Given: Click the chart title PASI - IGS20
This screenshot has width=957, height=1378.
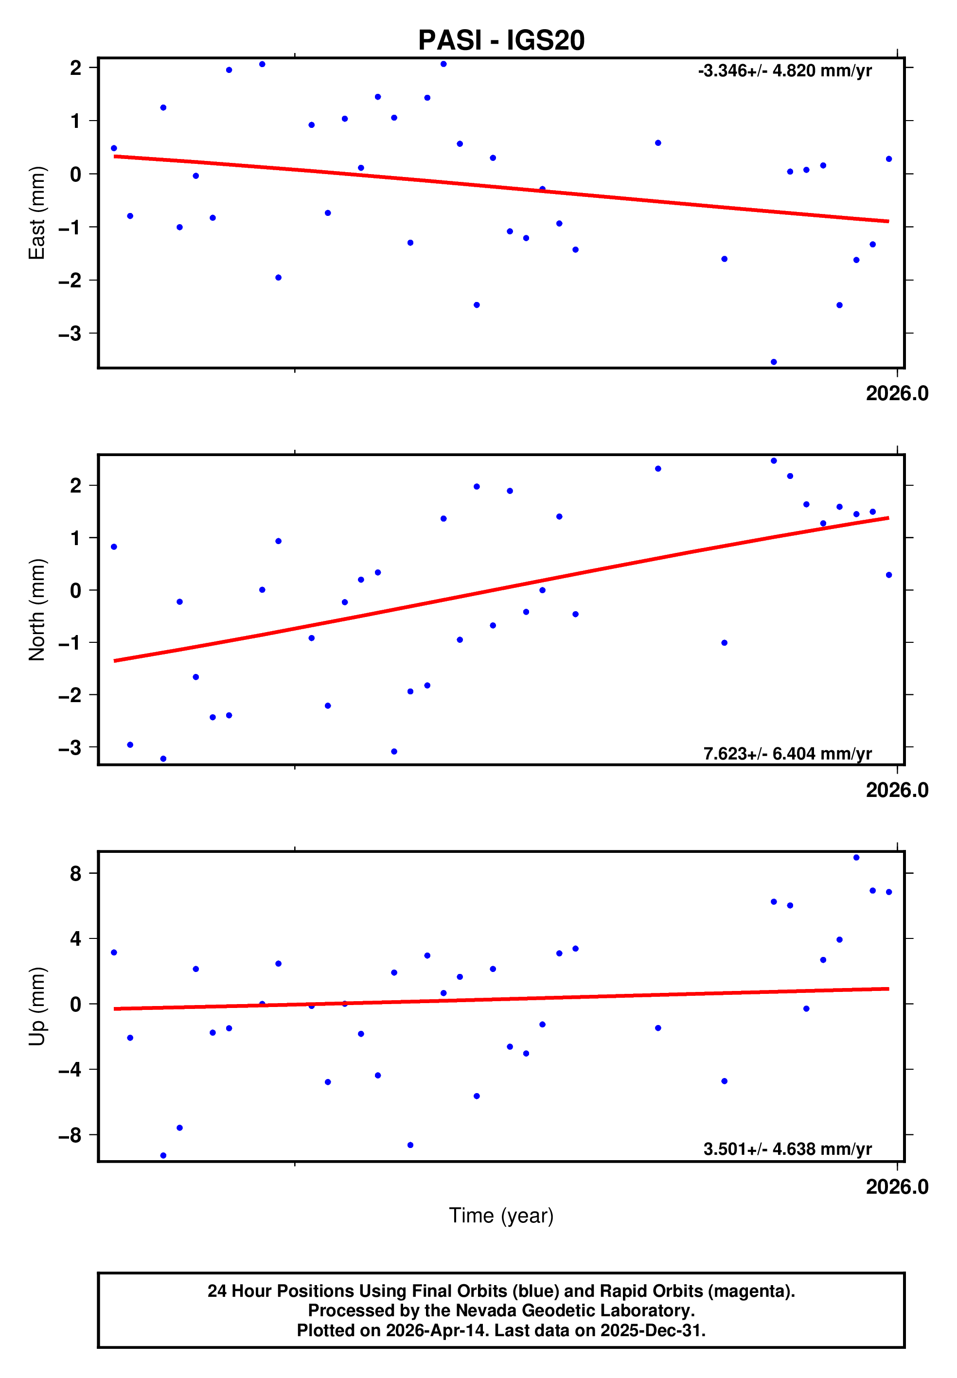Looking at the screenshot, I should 501,40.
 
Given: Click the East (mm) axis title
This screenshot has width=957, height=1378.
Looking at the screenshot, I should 36,213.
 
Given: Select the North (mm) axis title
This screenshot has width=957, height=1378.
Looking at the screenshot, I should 36,610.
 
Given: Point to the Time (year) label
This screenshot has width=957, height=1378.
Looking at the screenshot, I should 501,1216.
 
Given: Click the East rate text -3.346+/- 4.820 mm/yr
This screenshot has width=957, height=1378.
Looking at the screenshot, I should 784,71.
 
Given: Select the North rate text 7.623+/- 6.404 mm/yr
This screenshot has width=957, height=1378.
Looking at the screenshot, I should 787,754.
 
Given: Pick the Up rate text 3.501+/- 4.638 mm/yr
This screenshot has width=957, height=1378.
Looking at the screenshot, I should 787,1149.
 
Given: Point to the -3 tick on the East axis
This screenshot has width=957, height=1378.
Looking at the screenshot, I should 70,333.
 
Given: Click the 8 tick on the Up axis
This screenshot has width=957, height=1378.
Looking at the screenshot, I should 75,873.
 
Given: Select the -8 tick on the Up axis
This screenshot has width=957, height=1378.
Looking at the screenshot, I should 70,1135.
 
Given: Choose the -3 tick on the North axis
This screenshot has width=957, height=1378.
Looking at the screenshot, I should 70,747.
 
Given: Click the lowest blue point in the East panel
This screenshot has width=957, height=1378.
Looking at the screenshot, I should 774,362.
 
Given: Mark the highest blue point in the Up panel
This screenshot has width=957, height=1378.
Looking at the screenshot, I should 856,858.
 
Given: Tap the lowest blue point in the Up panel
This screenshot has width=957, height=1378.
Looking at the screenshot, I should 163,1156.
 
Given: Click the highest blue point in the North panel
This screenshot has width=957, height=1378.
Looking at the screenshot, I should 774,461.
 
